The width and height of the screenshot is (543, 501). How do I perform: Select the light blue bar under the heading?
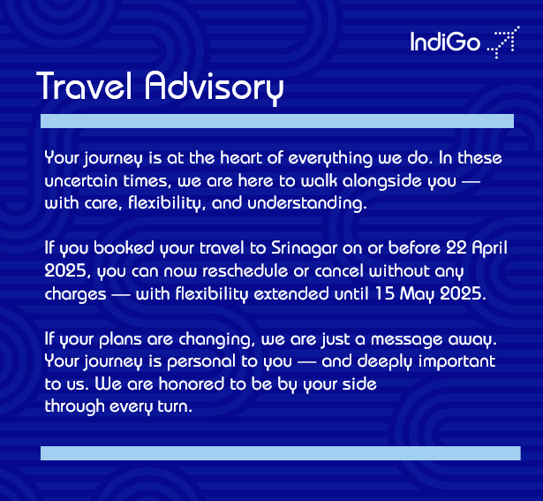(276, 120)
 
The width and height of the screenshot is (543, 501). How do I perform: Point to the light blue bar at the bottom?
(280, 453)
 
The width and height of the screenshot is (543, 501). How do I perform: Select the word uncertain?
(84, 180)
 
